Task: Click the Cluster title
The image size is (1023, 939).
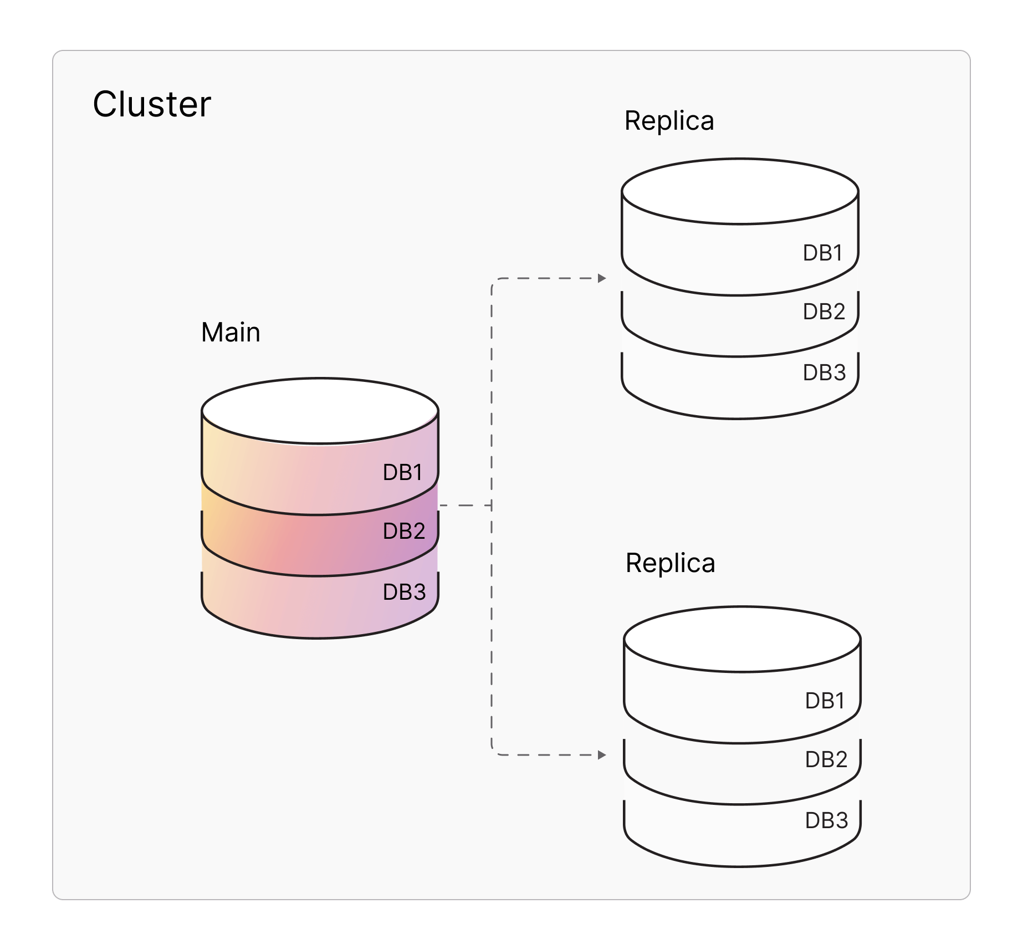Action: point(152,104)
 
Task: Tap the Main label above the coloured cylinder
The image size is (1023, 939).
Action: point(231,333)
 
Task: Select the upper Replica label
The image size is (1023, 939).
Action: point(669,121)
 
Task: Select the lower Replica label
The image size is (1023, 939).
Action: point(670,563)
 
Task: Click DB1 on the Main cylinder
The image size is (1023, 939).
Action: point(403,472)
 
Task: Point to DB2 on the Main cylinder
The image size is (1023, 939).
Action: point(404,531)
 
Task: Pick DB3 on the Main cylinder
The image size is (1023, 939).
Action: point(405,592)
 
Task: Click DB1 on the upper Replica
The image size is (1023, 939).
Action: point(823,253)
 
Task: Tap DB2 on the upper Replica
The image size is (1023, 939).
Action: point(824,312)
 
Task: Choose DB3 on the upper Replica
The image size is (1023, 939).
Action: point(825,372)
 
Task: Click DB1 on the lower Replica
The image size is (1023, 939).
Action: point(825,701)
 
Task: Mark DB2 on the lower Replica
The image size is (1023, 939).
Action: point(826,759)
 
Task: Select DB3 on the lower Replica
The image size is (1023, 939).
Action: point(827,820)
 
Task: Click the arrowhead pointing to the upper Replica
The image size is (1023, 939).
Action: point(602,278)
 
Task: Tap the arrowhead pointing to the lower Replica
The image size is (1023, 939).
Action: point(602,755)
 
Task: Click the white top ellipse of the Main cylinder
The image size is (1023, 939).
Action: point(320,411)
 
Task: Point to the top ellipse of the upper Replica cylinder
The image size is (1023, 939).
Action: point(740,192)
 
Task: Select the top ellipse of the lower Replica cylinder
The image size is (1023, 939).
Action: point(742,639)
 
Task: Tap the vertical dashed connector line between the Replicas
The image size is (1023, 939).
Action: point(492,610)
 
